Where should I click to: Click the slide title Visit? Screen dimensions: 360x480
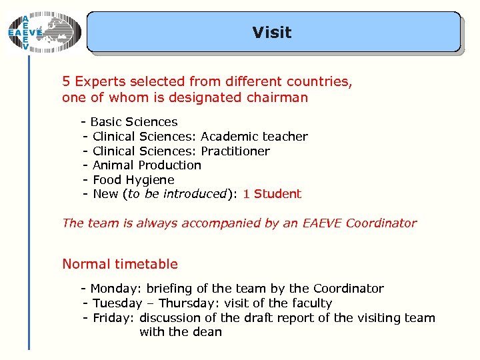click(272, 32)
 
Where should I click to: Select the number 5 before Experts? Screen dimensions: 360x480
click(66, 82)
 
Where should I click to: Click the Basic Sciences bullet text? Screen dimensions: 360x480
click(133, 122)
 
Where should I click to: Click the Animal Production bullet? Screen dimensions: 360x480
click(147, 165)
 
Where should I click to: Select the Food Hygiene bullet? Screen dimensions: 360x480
click(133, 180)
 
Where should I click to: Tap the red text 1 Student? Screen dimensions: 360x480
click(272, 194)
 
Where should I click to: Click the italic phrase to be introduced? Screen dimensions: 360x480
click(177, 194)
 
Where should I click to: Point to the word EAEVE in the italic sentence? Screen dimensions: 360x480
click(321, 223)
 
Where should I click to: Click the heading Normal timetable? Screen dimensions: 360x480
click(120, 264)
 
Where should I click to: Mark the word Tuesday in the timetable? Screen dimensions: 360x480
click(117, 303)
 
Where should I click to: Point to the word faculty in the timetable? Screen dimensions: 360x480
click(309, 303)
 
